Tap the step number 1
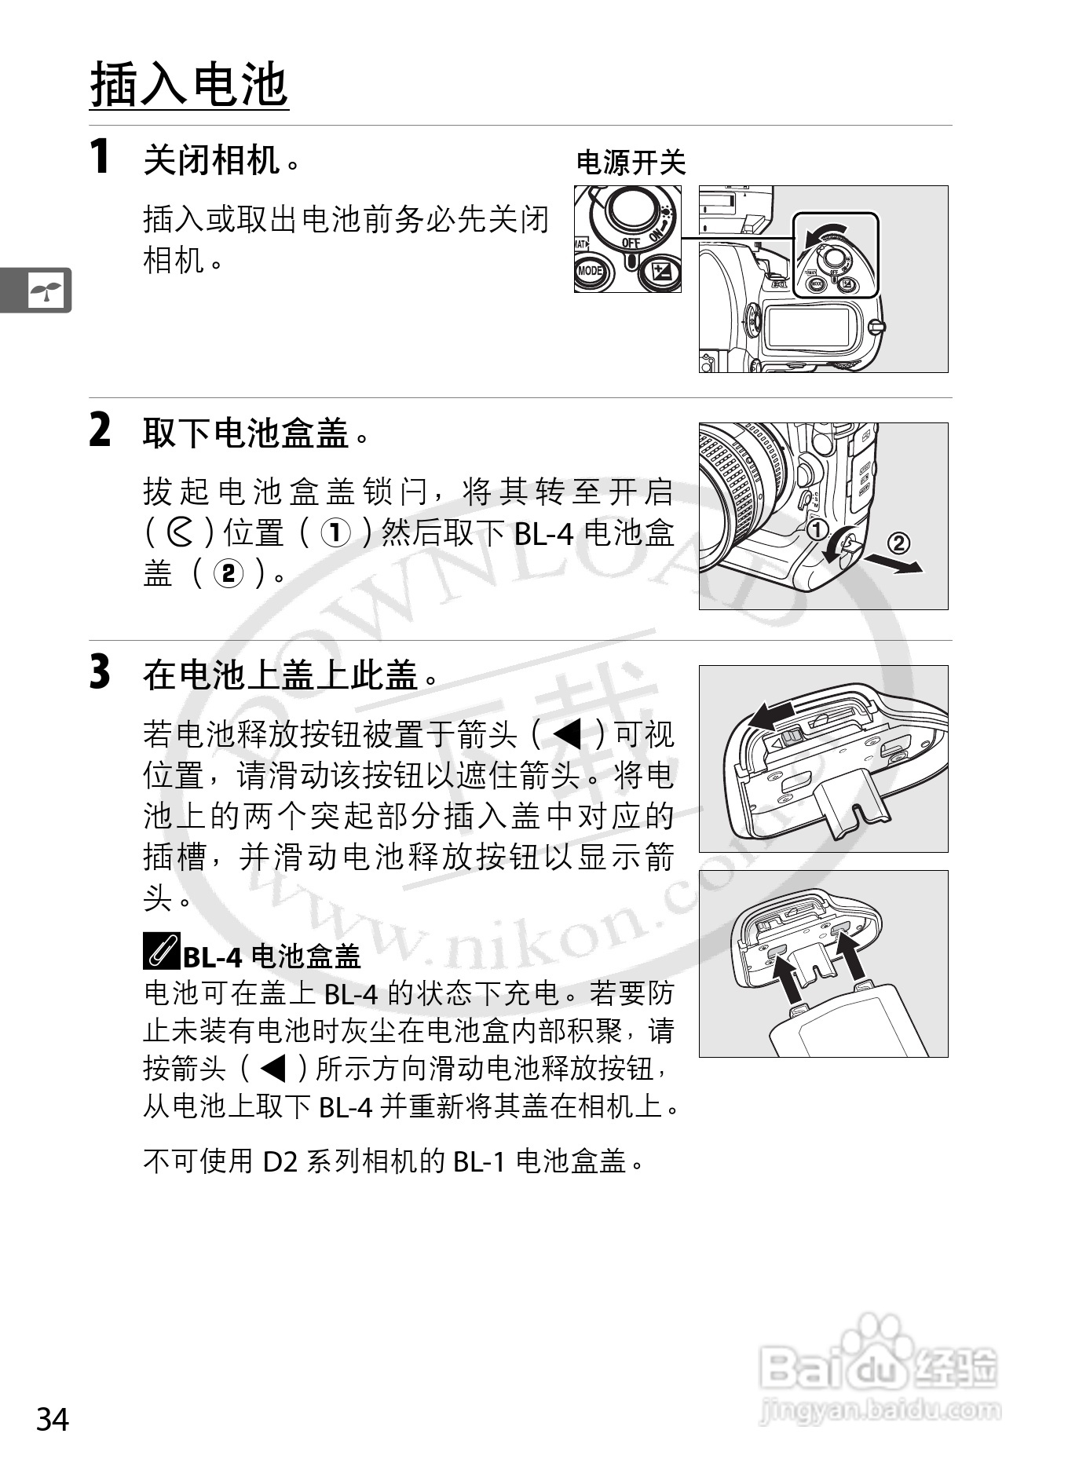100,155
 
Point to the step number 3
101,672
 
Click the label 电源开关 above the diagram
631,163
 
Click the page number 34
53,1420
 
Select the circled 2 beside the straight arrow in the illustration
899,543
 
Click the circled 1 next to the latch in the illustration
817,528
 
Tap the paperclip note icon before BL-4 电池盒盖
162,951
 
